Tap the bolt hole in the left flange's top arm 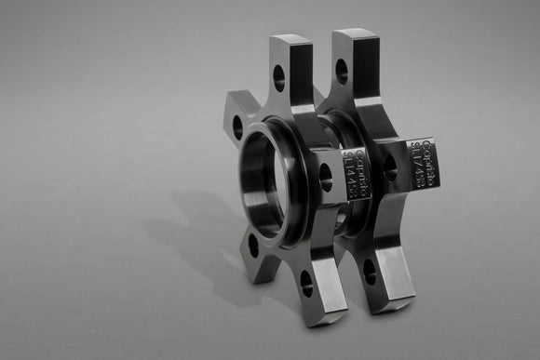278,78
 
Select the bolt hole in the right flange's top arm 342,72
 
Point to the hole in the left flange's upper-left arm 237,127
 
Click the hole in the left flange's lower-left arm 253,245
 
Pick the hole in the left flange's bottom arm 306,283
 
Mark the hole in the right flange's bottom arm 370,272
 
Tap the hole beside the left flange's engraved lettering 325,177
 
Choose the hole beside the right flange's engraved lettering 389,167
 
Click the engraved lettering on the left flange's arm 357,172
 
